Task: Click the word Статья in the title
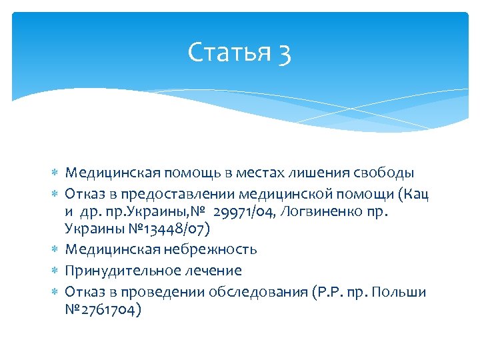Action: [222, 53]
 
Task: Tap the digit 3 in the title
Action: [284, 53]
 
